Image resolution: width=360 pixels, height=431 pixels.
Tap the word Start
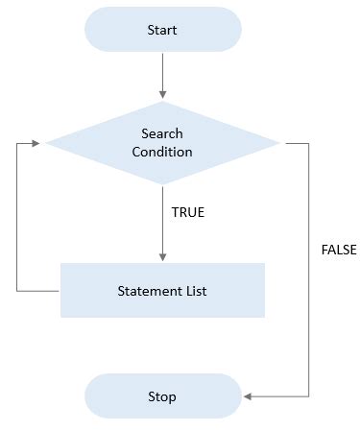[162, 30]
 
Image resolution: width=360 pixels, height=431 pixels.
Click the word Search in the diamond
[162, 133]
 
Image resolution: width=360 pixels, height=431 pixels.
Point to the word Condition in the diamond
[162, 152]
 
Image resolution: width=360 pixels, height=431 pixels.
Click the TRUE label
[188, 212]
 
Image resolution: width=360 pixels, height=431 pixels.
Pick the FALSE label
[339, 250]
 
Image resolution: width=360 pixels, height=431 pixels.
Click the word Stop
[162, 395]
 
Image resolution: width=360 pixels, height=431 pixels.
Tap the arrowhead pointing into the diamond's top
[162, 94]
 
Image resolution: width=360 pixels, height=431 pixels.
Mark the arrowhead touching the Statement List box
[162, 257]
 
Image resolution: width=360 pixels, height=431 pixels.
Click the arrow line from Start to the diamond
[162, 72]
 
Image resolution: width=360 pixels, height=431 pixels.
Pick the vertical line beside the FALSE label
[310, 269]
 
